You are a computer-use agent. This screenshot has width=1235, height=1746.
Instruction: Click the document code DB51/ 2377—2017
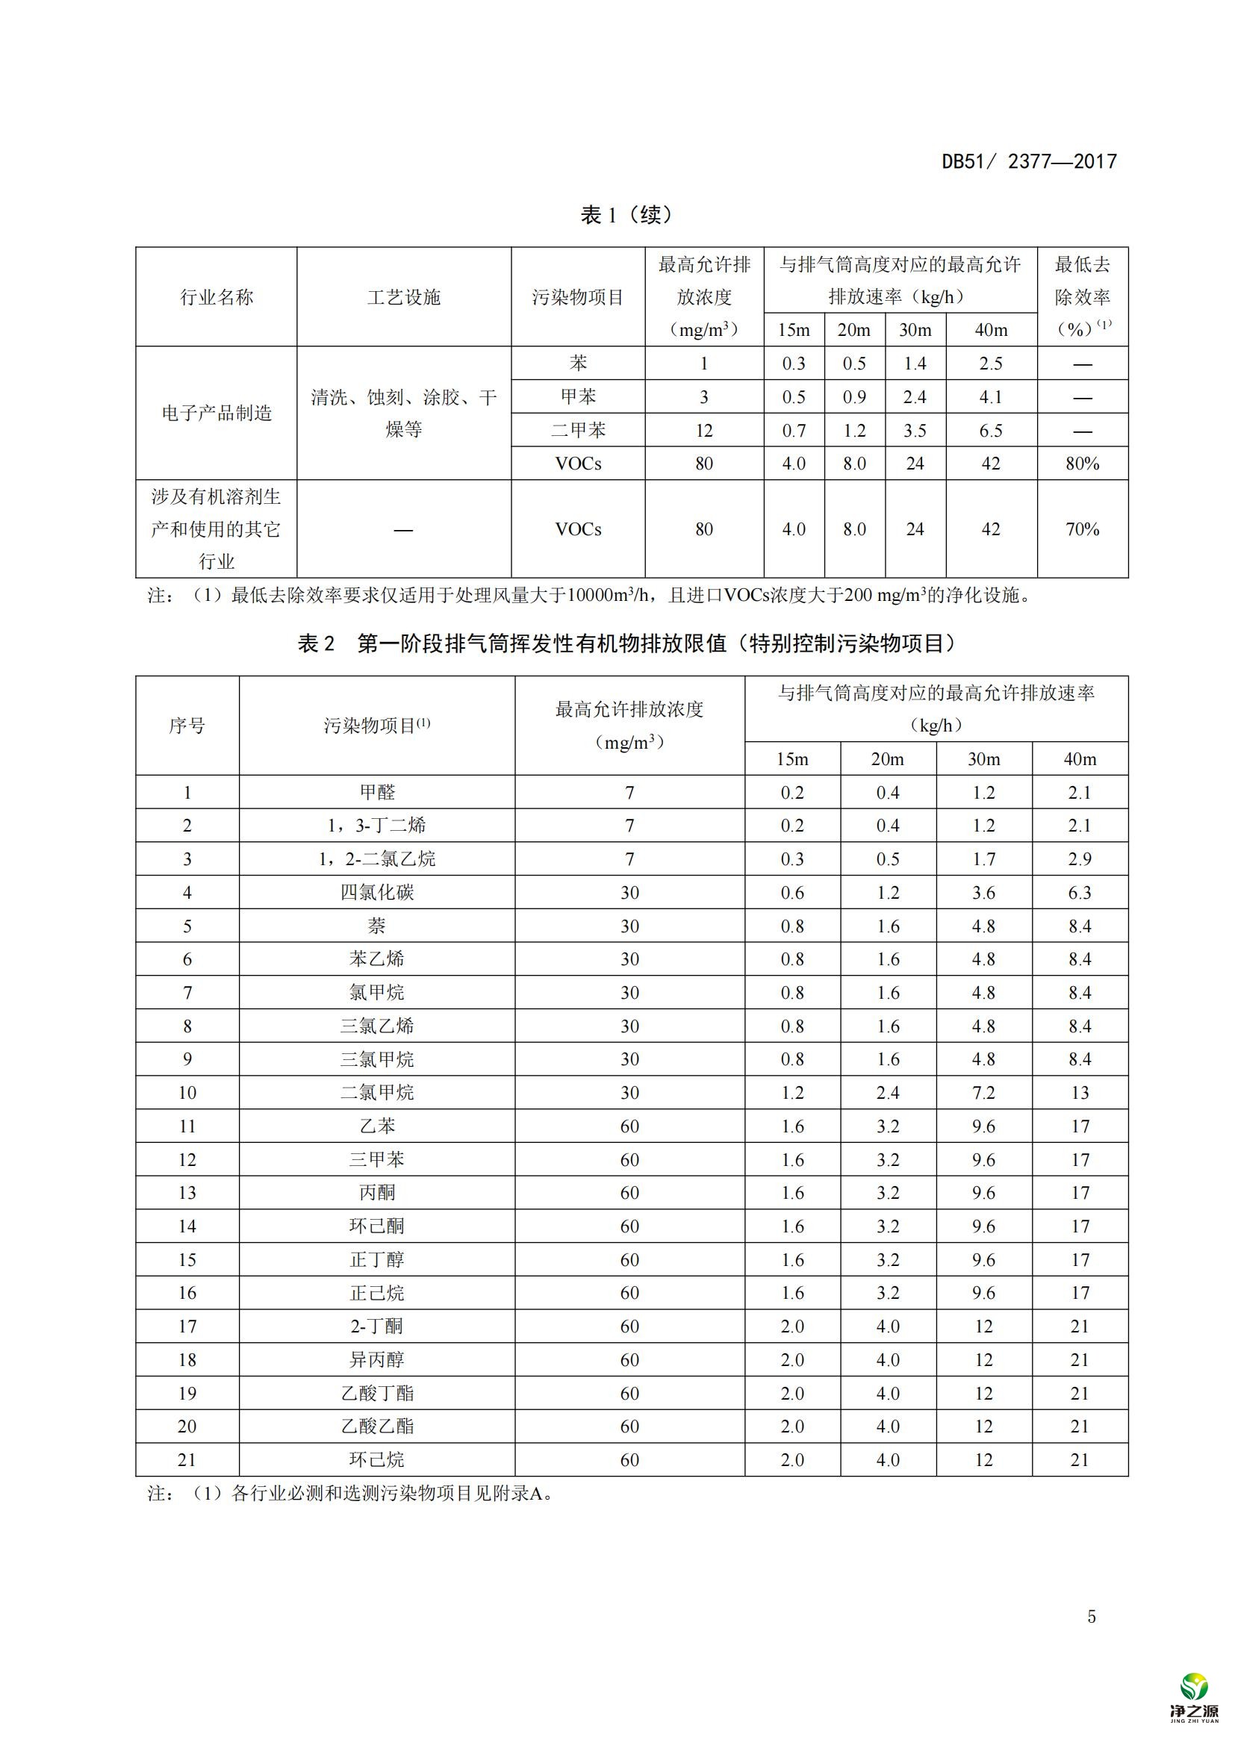coord(1029,161)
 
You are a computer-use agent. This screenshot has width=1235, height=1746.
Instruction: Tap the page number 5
coord(1092,1617)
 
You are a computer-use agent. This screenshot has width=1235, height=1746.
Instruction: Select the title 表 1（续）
coord(626,215)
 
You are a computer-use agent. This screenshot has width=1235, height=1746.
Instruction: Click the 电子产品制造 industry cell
coord(217,413)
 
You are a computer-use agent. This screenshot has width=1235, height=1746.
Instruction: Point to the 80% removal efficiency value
coord(1082,463)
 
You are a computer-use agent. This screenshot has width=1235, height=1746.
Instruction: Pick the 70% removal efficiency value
coord(1082,529)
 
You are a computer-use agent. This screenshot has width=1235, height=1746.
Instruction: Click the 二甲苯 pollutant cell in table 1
coord(578,431)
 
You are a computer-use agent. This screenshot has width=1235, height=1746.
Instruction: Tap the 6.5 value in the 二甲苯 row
coord(991,431)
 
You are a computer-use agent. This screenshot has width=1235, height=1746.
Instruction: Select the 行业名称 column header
coord(217,297)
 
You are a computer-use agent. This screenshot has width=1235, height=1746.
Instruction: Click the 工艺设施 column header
coord(404,297)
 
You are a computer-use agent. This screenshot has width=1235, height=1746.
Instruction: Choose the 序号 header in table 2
coord(187,726)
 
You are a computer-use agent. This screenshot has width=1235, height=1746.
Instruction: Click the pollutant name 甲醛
coord(377,793)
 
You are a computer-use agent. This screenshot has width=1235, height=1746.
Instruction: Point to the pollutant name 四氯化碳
coord(377,892)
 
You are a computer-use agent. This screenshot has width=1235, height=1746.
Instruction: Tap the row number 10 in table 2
coord(187,1093)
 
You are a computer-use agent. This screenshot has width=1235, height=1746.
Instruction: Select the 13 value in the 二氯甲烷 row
coord(1080,1093)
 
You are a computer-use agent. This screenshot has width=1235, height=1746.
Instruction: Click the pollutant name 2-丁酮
coord(377,1326)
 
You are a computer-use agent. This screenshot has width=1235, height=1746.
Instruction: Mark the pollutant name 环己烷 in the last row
coord(377,1460)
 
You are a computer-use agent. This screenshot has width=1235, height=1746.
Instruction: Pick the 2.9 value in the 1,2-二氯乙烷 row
coord(1080,859)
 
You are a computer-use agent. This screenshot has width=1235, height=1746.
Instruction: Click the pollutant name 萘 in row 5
coord(377,926)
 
